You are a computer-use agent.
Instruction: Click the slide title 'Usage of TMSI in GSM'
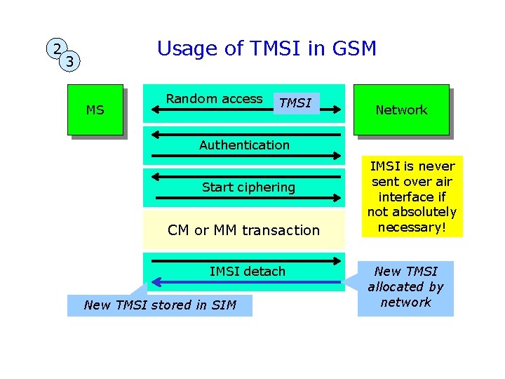coord(267,48)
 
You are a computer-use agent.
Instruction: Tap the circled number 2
coord(54,48)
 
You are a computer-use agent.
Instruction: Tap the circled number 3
coord(69,62)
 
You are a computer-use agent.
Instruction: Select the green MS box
coord(95,109)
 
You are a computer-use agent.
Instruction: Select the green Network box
coord(400,109)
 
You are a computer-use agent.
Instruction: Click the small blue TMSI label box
coord(295,103)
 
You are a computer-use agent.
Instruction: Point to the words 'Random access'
coord(214,99)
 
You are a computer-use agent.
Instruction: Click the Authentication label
coord(244,145)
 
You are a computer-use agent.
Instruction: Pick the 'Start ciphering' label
coord(248,187)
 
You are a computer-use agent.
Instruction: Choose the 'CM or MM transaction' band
coord(243,230)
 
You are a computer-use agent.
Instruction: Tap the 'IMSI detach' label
coord(248,271)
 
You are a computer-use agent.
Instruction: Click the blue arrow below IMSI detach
coord(245,282)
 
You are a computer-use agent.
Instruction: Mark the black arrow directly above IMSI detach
coord(245,260)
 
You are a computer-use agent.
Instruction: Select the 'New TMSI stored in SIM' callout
coord(159,305)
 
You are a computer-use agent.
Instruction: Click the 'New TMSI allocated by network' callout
coord(405,287)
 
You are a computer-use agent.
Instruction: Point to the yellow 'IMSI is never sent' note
coord(413,196)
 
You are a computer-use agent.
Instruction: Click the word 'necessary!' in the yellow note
coord(413,227)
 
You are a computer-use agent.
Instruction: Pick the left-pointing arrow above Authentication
coord(245,133)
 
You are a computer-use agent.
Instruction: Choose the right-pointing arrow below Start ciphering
coord(245,199)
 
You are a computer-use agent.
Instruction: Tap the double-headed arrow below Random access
coord(245,111)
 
